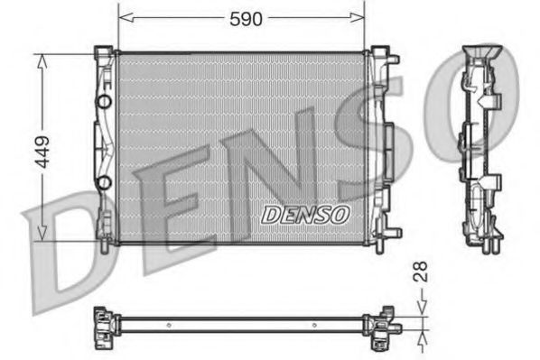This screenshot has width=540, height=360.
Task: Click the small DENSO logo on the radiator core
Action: (x=304, y=214)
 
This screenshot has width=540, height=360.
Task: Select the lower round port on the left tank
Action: (x=105, y=184)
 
